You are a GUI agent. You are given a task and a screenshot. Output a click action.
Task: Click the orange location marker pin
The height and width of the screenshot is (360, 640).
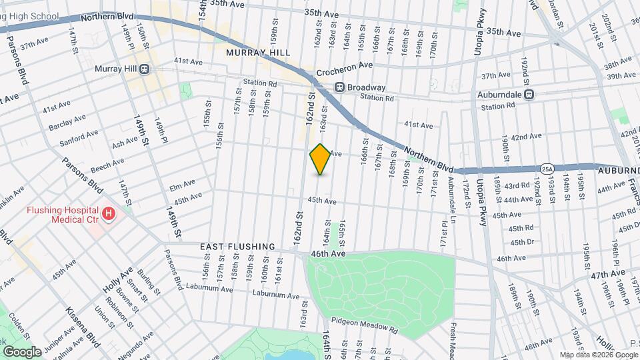click(x=320, y=159)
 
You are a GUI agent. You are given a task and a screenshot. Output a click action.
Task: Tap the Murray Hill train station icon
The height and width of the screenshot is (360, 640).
click(x=144, y=69)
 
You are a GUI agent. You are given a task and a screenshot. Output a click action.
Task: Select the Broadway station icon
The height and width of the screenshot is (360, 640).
click(x=339, y=87)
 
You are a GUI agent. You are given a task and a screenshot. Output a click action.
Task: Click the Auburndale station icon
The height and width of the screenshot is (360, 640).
click(x=530, y=95)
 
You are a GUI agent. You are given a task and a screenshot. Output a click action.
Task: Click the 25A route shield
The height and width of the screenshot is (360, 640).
click(x=547, y=168)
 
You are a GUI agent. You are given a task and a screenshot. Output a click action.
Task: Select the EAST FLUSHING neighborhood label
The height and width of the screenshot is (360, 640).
click(x=238, y=247)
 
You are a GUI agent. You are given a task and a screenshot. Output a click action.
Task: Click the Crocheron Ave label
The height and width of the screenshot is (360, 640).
click(x=344, y=65)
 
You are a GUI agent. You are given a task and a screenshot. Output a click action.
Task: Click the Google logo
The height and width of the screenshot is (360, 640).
click(x=22, y=351)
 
